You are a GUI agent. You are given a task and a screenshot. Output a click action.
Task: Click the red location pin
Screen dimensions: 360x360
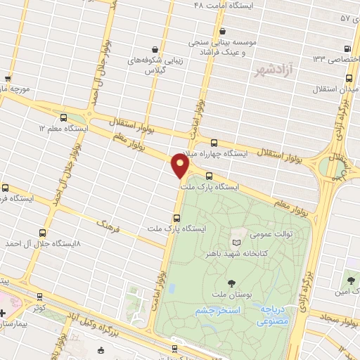(180, 166)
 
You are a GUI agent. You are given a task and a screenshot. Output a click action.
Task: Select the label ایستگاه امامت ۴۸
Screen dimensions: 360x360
(221, 5)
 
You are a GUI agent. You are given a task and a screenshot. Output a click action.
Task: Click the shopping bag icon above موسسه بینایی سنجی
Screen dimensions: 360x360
(223, 31)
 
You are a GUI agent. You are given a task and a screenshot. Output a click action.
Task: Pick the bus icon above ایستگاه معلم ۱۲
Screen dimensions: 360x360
(65, 118)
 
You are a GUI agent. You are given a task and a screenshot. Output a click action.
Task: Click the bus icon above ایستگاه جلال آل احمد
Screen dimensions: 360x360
(43, 233)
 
